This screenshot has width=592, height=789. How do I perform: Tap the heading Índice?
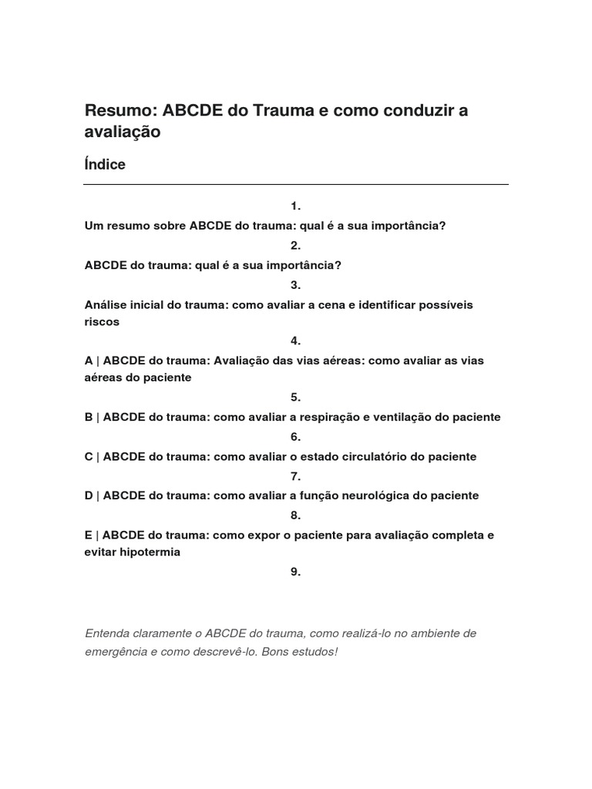pos(105,164)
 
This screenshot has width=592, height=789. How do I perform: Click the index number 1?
pos(295,206)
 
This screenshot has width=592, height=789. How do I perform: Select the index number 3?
pos(295,284)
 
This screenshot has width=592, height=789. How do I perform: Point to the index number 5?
pos(295,397)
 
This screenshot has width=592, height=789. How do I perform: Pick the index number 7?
pos(295,475)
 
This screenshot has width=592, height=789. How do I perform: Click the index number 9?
pos(295,571)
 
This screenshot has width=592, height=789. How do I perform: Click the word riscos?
pos(102,321)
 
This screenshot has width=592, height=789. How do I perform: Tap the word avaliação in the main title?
pos(123,132)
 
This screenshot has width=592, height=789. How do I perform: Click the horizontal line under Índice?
pos(296,184)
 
